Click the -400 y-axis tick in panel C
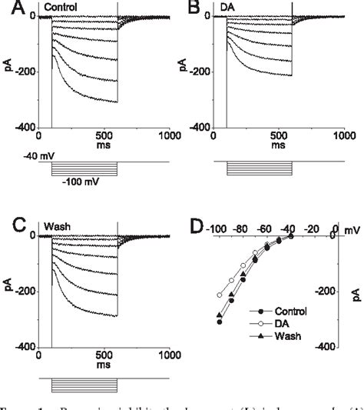25,347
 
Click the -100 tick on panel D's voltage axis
217,228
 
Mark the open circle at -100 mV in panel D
220,295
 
